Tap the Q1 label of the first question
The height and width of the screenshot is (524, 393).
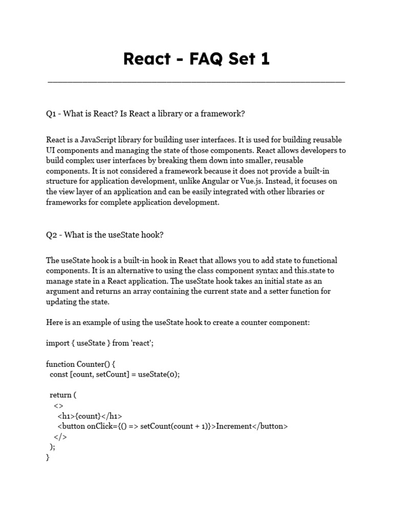click(x=51, y=114)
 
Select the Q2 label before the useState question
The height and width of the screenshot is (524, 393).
click(x=52, y=235)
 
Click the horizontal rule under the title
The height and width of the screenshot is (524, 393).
click(x=196, y=81)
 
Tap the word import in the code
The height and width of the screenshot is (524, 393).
click(x=57, y=343)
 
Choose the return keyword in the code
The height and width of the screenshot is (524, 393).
click(x=61, y=395)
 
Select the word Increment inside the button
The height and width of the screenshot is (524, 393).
click(x=234, y=426)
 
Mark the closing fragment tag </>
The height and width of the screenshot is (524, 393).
click(x=60, y=436)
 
